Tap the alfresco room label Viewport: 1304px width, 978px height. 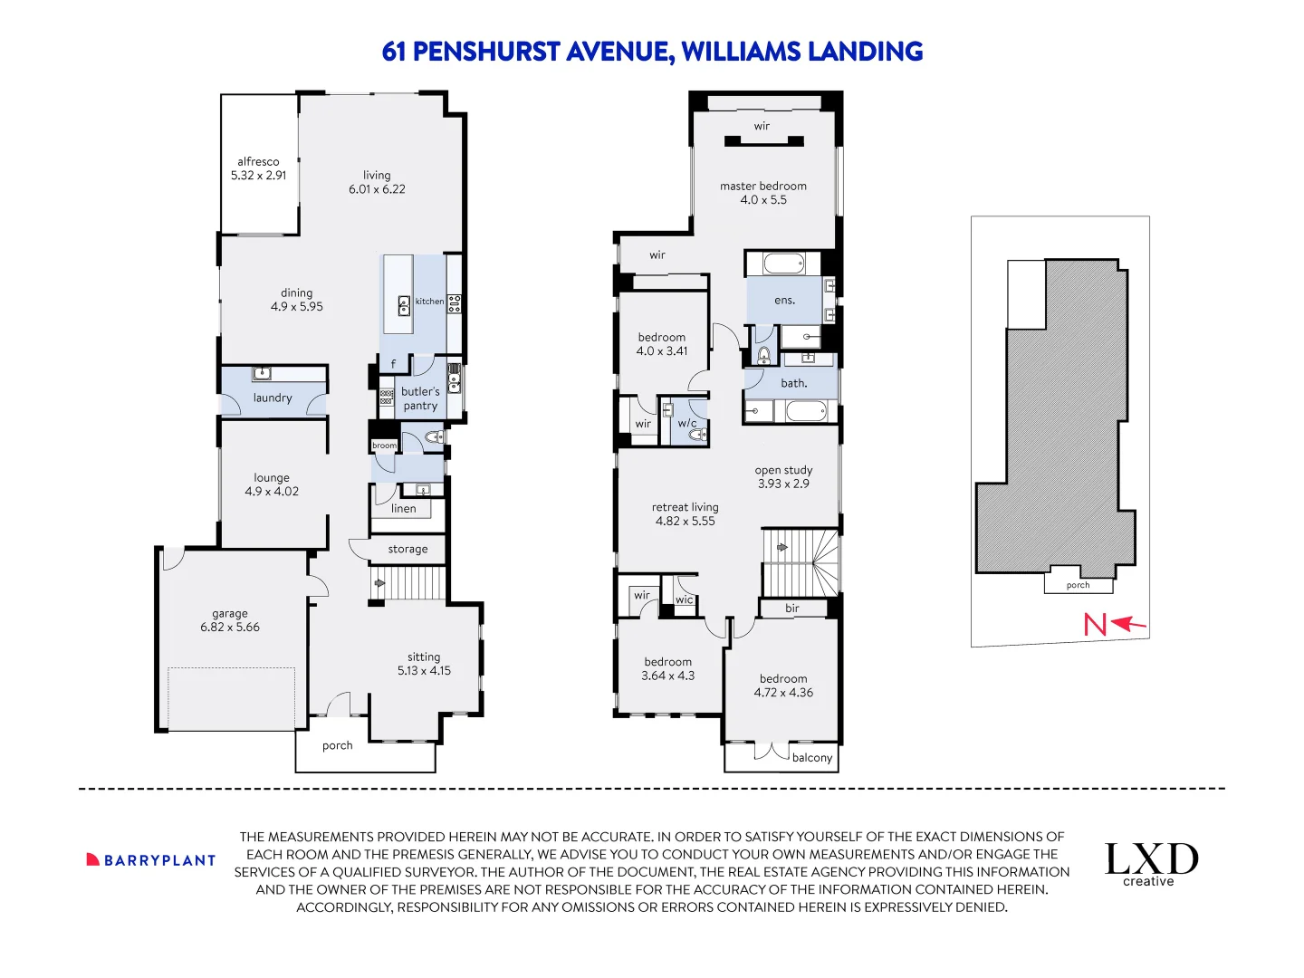(x=258, y=161)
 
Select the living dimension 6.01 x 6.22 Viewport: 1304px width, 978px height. (x=377, y=189)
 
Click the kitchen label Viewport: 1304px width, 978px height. (x=429, y=302)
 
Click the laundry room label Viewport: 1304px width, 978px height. (x=273, y=398)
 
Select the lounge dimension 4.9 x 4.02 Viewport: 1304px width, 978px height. (x=272, y=492)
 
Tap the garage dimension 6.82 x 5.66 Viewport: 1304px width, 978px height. (x=230, y=628)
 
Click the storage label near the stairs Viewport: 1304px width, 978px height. (x=407, y=549)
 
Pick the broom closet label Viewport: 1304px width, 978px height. (x=385, y=446)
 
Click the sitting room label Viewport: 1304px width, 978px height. (x=424, y=657)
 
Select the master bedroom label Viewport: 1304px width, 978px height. (x=763, y=186)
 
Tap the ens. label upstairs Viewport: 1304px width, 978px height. (x=784, y=300)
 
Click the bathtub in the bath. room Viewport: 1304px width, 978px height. (x=806, y=412)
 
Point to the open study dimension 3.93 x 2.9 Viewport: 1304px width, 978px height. (x=784, y=484)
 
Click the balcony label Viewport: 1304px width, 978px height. (x=812, y=758)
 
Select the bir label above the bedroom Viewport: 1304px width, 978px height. (x=792, y=609)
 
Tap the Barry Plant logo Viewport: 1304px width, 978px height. (x=151, y=860)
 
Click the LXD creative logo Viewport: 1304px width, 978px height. (x=1151, y=865)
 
